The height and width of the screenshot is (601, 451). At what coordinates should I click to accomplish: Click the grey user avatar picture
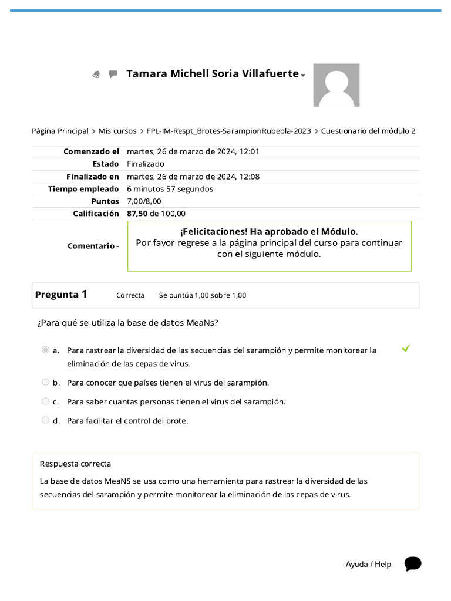[336, 85]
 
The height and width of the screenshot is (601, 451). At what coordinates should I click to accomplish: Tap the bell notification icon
[96, 74]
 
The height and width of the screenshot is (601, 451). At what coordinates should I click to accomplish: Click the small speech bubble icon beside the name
[113, 74]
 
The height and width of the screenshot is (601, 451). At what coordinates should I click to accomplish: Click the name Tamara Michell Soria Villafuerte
[212, 73]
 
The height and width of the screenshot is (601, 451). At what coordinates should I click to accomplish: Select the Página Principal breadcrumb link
[60, 131]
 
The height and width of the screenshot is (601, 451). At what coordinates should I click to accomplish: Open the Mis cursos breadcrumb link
[117, 131]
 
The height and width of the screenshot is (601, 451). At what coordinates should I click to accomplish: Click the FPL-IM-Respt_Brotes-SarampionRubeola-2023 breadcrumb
[229, 131]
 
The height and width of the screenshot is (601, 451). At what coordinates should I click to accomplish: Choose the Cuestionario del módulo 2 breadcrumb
[368, 131]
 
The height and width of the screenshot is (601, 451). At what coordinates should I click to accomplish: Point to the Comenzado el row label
[91, 151]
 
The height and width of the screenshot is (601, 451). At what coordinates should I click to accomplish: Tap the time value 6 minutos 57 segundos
[170, 189]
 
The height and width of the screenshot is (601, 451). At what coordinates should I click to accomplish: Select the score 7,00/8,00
[144, 201]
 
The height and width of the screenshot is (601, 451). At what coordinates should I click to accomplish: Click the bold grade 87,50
[137, 214]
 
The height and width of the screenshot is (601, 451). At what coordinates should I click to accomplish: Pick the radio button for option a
[45, 350]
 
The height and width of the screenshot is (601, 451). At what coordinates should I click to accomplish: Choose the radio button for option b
[45, 382]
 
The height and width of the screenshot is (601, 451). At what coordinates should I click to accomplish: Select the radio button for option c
[45, 401]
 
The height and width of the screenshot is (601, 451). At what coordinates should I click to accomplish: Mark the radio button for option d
[45, 420]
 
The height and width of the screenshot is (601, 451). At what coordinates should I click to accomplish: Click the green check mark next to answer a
[406, 349]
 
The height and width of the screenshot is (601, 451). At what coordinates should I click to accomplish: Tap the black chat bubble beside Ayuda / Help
[413, 564]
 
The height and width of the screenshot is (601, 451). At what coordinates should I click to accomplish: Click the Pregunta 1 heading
[61, 295]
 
